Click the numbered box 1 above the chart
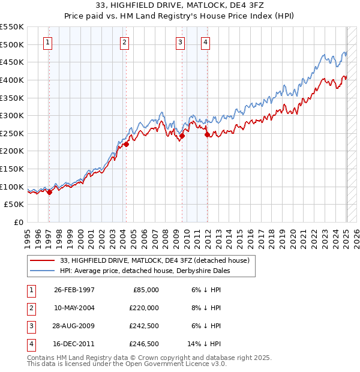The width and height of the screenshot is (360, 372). tap(47, 42)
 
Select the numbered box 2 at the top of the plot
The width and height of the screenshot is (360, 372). tap(124, 42)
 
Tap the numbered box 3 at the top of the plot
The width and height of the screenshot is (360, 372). tap(180, 42)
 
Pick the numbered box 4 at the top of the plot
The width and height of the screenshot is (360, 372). tap(205, 42)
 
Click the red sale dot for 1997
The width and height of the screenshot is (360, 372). tap(50, 192)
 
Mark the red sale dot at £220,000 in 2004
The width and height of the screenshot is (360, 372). tap(126, 144)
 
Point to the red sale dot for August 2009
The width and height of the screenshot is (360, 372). tap(182, 136)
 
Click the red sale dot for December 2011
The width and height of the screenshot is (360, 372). tap(207, 135)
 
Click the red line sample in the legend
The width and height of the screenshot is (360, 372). tap(42, 260)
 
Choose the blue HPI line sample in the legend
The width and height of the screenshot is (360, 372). tap(42, 271)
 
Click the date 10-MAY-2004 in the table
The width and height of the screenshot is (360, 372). tap(74, 308)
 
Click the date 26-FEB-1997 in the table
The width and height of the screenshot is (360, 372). tap(74, 290)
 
